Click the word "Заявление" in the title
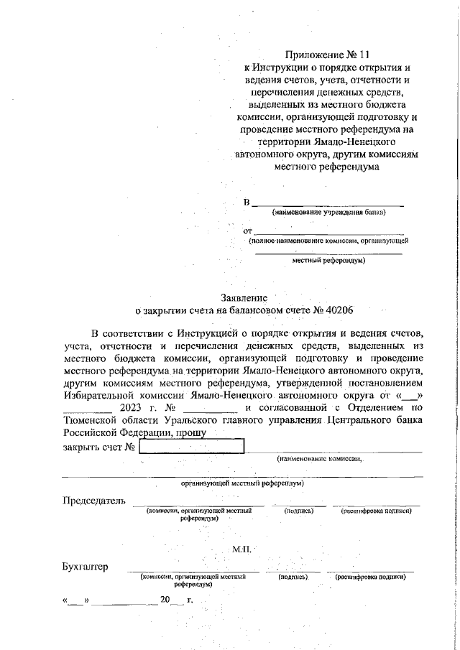point(244,297)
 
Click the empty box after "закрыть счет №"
point(191,447)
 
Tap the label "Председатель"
point(94,501)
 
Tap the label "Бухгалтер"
point(86,567)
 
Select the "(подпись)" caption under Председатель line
point(299,511)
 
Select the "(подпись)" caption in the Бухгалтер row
point(293,577)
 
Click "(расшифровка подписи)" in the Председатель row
point(376,511)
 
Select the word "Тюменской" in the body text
point(92,419)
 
